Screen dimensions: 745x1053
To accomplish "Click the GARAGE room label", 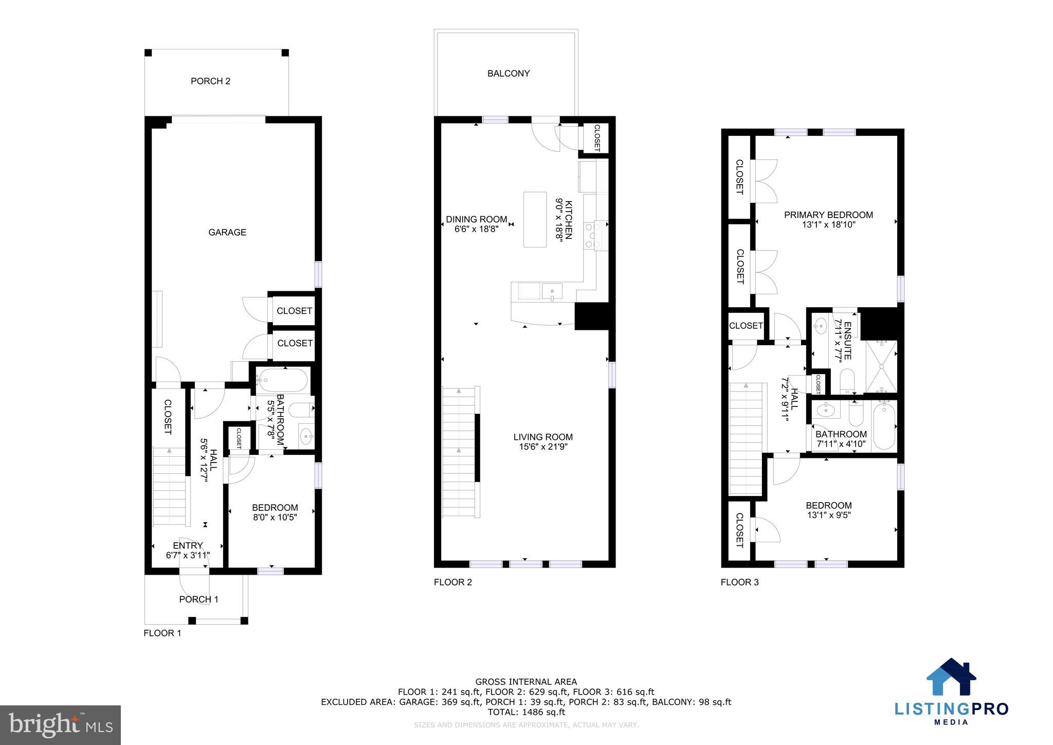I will coord(227,233).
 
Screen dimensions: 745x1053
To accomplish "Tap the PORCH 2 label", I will coord(210,81).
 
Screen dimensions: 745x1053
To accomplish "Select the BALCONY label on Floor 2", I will coord(508,74).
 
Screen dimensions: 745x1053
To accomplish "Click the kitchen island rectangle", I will coord(535,219).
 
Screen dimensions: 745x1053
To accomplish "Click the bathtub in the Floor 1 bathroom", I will coord(282,381).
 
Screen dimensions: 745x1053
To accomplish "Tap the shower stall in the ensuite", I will coord(881,366).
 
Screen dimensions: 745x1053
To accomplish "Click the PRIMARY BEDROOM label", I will coord(828,215).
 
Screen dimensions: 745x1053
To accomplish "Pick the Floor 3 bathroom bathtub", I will coord(884,427).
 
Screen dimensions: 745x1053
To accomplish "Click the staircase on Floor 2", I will coord(459,452).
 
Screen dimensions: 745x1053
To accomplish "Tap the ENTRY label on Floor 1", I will coord(188,546).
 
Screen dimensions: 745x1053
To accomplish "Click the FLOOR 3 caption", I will coord(739,582).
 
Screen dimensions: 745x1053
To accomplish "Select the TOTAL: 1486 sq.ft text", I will coord(526,712).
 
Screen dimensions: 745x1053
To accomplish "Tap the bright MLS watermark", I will coord(60,725).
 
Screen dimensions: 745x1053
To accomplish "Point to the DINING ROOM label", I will coord(476,220).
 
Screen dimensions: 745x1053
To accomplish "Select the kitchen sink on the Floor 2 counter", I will coord(552,292).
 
